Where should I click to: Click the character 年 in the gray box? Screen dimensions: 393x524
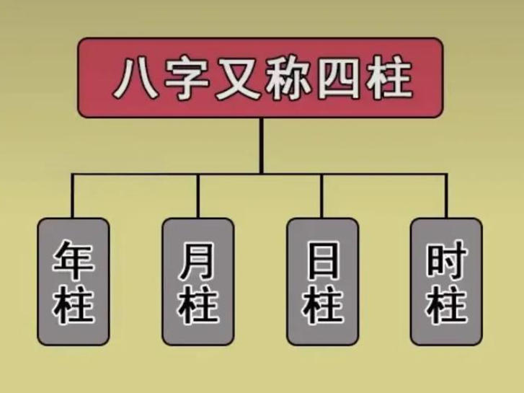(x=74, y=262)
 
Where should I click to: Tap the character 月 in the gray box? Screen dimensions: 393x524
(x=197, y=262)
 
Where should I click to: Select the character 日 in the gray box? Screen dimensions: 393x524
(x=322, y=262)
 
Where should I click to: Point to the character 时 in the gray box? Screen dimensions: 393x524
(x=446, y=262)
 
